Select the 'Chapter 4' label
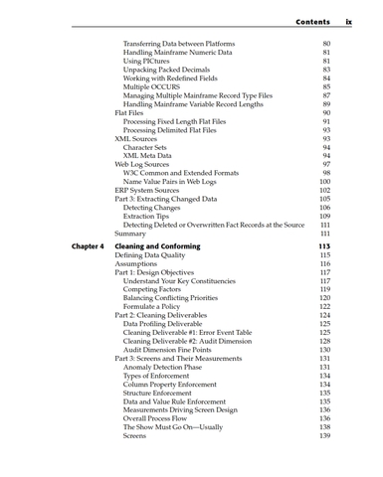click(87, 245)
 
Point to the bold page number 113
click(324, 245)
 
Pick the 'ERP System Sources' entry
click(151, 191)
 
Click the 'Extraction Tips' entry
click(152, 216)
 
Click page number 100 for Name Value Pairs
click(324, 182)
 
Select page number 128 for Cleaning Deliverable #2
click(324, 341)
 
